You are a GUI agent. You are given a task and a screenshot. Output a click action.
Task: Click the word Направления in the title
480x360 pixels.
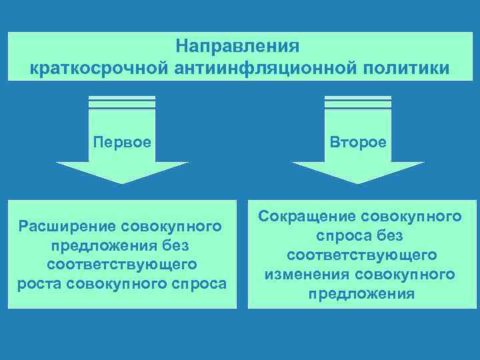239,47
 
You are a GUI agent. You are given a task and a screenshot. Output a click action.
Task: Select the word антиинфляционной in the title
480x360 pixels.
263,68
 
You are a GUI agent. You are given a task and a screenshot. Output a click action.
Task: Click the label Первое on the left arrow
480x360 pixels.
122,143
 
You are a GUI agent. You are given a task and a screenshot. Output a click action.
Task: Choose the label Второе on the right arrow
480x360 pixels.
359,143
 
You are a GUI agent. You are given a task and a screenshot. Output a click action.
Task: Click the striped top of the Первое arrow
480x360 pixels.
122,102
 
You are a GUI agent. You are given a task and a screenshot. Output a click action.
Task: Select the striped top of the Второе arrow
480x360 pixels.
359,102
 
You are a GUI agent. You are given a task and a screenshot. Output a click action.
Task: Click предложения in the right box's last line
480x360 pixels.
361,293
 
